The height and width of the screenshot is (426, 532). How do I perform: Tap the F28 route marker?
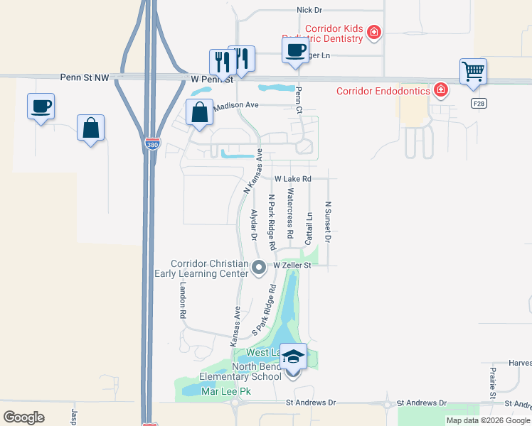479,103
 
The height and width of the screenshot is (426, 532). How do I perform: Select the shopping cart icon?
473,72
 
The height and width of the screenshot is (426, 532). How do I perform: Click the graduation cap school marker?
293,355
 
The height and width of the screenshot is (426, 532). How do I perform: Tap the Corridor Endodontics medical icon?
441,90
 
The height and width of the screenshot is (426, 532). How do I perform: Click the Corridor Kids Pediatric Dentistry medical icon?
373,32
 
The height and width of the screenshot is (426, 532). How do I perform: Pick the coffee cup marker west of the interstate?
41,106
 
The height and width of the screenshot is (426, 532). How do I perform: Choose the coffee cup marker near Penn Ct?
296,50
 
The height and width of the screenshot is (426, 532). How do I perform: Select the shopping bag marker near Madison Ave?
200,112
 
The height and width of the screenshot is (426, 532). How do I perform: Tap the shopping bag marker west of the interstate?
90,129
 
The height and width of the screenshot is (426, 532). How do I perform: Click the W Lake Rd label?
293,179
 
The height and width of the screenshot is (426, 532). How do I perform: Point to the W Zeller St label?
294,265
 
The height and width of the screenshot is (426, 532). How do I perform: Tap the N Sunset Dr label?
328,222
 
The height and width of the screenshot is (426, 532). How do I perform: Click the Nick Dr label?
309,10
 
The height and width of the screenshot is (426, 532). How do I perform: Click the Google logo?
23,417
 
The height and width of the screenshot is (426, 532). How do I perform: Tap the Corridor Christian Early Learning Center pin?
259,267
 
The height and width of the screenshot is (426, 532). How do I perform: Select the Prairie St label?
491,383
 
